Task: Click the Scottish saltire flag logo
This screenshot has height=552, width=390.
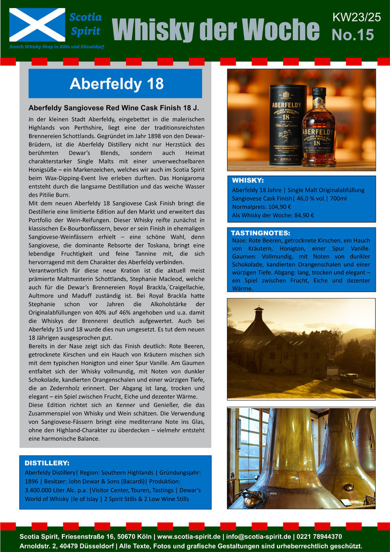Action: pyautogui.click(x=37, y=25)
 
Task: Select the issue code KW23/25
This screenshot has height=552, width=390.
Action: pyautogui.click(x=356, y=17)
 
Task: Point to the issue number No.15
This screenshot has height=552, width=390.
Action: pyautogui.click(x=353, y=35)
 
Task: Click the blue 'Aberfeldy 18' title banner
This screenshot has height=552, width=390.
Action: pyautogui.click(x=116, y=84)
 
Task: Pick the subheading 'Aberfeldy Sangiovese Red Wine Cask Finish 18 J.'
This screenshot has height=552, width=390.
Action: pyautogui.click(x=113, y=108)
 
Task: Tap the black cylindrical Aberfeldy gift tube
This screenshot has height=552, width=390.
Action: pyautogui.click(x=288, y=125)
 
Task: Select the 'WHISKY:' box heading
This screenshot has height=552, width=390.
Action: pyautogui.click(x=248, y=180)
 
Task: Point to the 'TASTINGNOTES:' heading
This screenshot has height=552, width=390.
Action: pyautogui.click(x=261, y=233)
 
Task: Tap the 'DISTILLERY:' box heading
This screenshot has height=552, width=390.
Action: pyautogui.click(x=47, y=463)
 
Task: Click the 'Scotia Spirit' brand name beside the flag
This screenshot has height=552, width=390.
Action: pyautogui.click(x=85, y=24)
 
